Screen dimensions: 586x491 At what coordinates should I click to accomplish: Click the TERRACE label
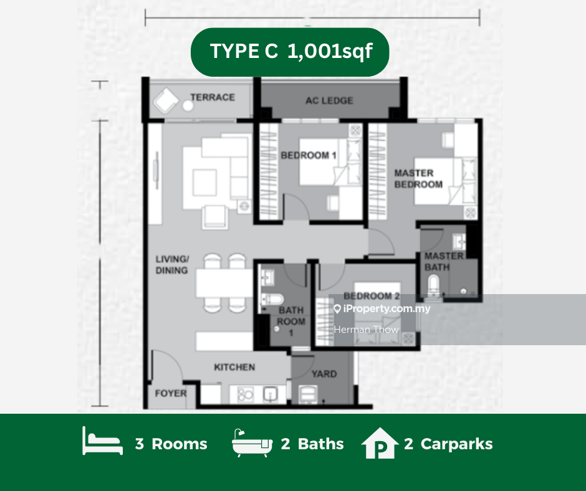coord(213,97)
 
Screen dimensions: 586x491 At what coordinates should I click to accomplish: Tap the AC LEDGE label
coord(329,100)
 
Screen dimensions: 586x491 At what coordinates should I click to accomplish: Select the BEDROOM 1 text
coord(309,155)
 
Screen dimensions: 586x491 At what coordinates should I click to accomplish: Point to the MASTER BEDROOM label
coord(418,179)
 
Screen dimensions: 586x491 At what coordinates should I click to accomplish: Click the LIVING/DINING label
coord(172,265)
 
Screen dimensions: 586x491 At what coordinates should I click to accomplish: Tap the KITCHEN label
coord(234,368)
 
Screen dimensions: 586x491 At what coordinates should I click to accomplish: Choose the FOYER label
coord(171,393)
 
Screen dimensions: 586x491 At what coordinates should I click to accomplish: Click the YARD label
coord(324,374)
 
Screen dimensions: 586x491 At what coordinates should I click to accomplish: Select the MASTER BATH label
coord(444,262)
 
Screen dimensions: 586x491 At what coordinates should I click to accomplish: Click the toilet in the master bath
coord(433,285)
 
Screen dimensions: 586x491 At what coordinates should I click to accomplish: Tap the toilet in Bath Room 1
coord(272,299)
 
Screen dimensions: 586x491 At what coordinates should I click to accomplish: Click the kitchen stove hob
coord(245,394)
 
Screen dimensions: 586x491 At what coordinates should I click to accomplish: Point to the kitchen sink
coord(270,394)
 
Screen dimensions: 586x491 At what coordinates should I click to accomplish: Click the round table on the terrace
coord(188,106)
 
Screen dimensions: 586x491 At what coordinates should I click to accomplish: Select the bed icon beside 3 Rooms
coord(102,441)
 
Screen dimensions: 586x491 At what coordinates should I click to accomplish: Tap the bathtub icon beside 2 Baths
coord(252,443)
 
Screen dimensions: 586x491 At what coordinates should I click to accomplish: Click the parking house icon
coord(380,443)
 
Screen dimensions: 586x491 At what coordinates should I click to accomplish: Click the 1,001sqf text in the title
coord(330,51)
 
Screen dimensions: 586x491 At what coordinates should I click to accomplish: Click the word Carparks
coord(457,444)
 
